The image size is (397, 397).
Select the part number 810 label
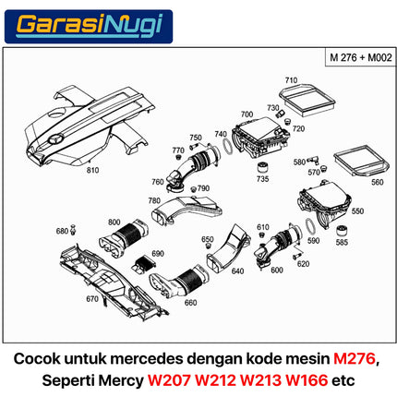point(92,171)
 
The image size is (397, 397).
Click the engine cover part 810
point(92,125)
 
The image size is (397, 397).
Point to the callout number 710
point(291,80)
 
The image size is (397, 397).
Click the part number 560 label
point(377,183)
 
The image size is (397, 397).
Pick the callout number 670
point(90,299)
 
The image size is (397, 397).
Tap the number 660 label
point(190,303)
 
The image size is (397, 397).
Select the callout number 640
point(237,271)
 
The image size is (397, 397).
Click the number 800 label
point(114,223)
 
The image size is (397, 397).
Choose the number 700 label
point(246,115)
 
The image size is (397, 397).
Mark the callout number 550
point(358,211)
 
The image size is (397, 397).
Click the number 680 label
point(62,231)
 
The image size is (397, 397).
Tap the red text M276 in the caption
point(355,358)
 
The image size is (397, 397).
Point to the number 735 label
point(263,179)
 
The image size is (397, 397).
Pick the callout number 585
point(343,243)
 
